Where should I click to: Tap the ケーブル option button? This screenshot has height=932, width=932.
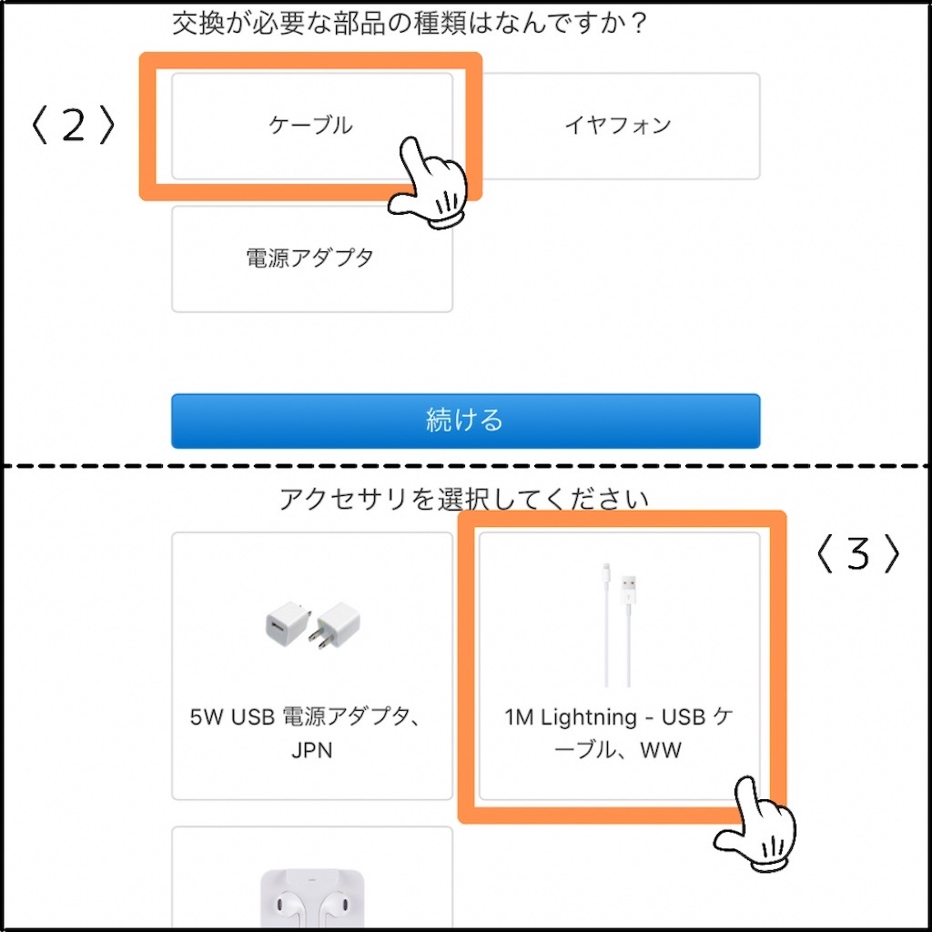coord(311,126)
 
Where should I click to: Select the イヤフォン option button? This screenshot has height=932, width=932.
coord(618,126)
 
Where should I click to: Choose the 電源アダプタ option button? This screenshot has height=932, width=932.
coord(311,258)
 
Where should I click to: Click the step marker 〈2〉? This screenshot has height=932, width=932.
coord(73,125)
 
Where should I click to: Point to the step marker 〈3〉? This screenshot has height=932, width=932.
coord(857,553)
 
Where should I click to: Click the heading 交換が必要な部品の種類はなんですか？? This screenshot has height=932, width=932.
coord(409,24)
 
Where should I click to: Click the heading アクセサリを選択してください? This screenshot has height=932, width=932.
coord(464,500)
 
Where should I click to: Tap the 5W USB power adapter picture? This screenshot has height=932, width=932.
coord(312,624)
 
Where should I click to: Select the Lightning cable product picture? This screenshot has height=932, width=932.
coord(619,624)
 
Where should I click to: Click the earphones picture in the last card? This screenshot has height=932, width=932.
coord(312,898)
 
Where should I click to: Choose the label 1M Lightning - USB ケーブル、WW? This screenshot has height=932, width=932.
coord(619,734)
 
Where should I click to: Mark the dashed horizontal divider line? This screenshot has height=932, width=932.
coord(466,466)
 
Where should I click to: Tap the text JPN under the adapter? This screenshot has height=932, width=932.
coord(311,750)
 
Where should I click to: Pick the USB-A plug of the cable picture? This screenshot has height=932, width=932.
coord(629,592)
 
